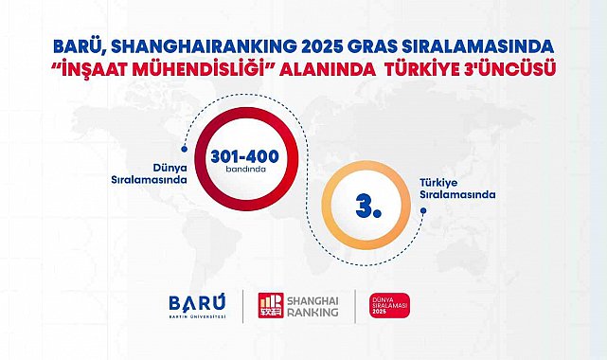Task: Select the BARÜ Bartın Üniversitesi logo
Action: pyautogui.click(x=197, y=306)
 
